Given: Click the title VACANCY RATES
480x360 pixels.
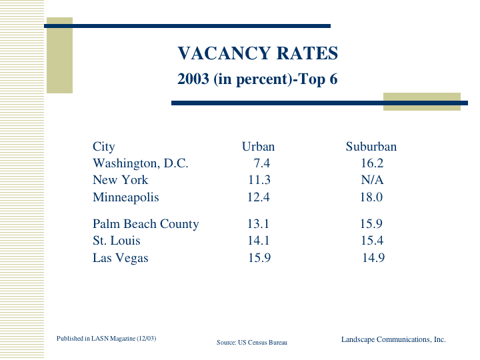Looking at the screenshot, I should click(x=257, y=53).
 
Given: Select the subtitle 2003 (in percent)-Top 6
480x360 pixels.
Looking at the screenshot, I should click(x=257, y=79).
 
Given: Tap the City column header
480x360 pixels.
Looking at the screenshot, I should click(x=103, y=147).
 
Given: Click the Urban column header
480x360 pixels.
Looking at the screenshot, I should click(x=258, y=147).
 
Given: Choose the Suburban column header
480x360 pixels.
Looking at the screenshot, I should click(x=371, y=147).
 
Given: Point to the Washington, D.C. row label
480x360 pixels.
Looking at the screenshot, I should click(x=141, y=163).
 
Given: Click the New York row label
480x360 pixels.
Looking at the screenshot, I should click(x=120, y=180).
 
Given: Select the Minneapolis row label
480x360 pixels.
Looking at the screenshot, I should click(x=126, y=197).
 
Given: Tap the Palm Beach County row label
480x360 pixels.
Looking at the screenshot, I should click(x=145, y=224).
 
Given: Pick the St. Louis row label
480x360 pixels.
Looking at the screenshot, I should click(x=117, y=241).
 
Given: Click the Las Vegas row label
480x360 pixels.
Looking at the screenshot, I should click(x=121, y=258).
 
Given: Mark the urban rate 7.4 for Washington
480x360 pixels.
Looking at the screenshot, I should click(x=261, y=163).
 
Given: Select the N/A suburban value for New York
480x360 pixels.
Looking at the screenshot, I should click(x=372, y=180).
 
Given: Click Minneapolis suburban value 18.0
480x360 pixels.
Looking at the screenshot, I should click(x=371, y=197).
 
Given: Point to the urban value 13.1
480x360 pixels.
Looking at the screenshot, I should click(x=259, y=224).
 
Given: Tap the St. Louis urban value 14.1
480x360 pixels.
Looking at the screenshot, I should click(x=259, y=241).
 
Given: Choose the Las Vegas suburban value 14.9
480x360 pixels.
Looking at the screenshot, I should click(x=373, y=258).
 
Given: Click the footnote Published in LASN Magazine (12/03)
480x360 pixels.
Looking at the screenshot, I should click(x=107, y=339).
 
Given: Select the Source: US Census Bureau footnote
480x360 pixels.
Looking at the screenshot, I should click(x=252, y=342).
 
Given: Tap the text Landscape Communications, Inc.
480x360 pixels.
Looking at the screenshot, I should click(x=393, y=339).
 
